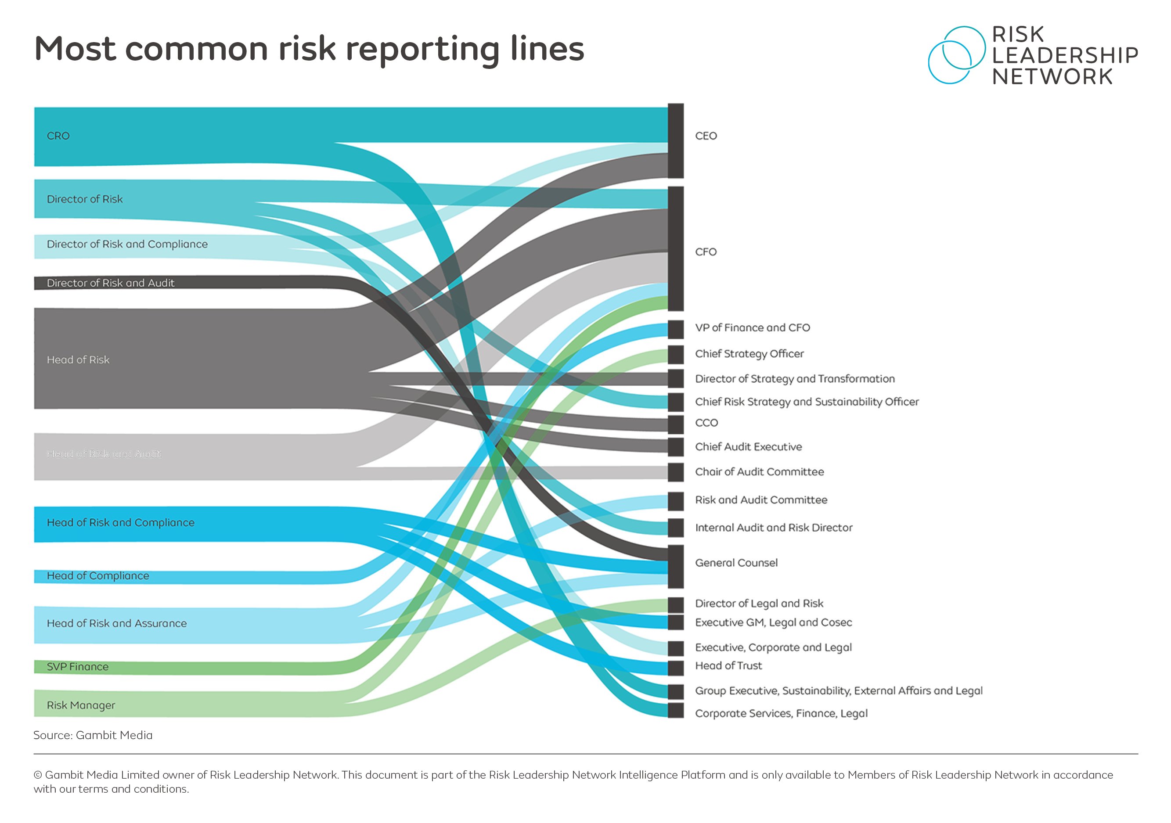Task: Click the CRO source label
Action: pyautogui.click(x=58, y=136)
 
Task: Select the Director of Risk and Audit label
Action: pyautogui.click(x=110, y=283)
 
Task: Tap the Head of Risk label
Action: pyautogui.click(x=78, y=360)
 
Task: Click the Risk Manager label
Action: pyautogui.click(x=81, y=706)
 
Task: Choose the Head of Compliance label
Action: pyautogui.click(x=98, y=576)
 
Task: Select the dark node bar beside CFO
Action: pyautogui.click(x=676, y=249)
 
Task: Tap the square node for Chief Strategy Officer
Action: pyautogui.click(x=676, y=354)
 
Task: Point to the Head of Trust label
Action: pyautogui.click(x=728, y=666)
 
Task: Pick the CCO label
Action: pyautogui.click(x=706, y=423)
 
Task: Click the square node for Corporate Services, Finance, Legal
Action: pyautogui.click(x=676, y=710)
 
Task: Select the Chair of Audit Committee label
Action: pyautogui.click(x=759, y=472)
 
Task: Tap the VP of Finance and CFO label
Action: pyautogui.click(x=752, y=328)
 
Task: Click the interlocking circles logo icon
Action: pyautogui.click(x=956, y=55)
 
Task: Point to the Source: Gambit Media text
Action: pyautogui.click(x=93, y=735)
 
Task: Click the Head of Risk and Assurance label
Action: pyautogui.click(x=116, y=624)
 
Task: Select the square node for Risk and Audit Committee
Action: pyautogui.click(x=676, y=501)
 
